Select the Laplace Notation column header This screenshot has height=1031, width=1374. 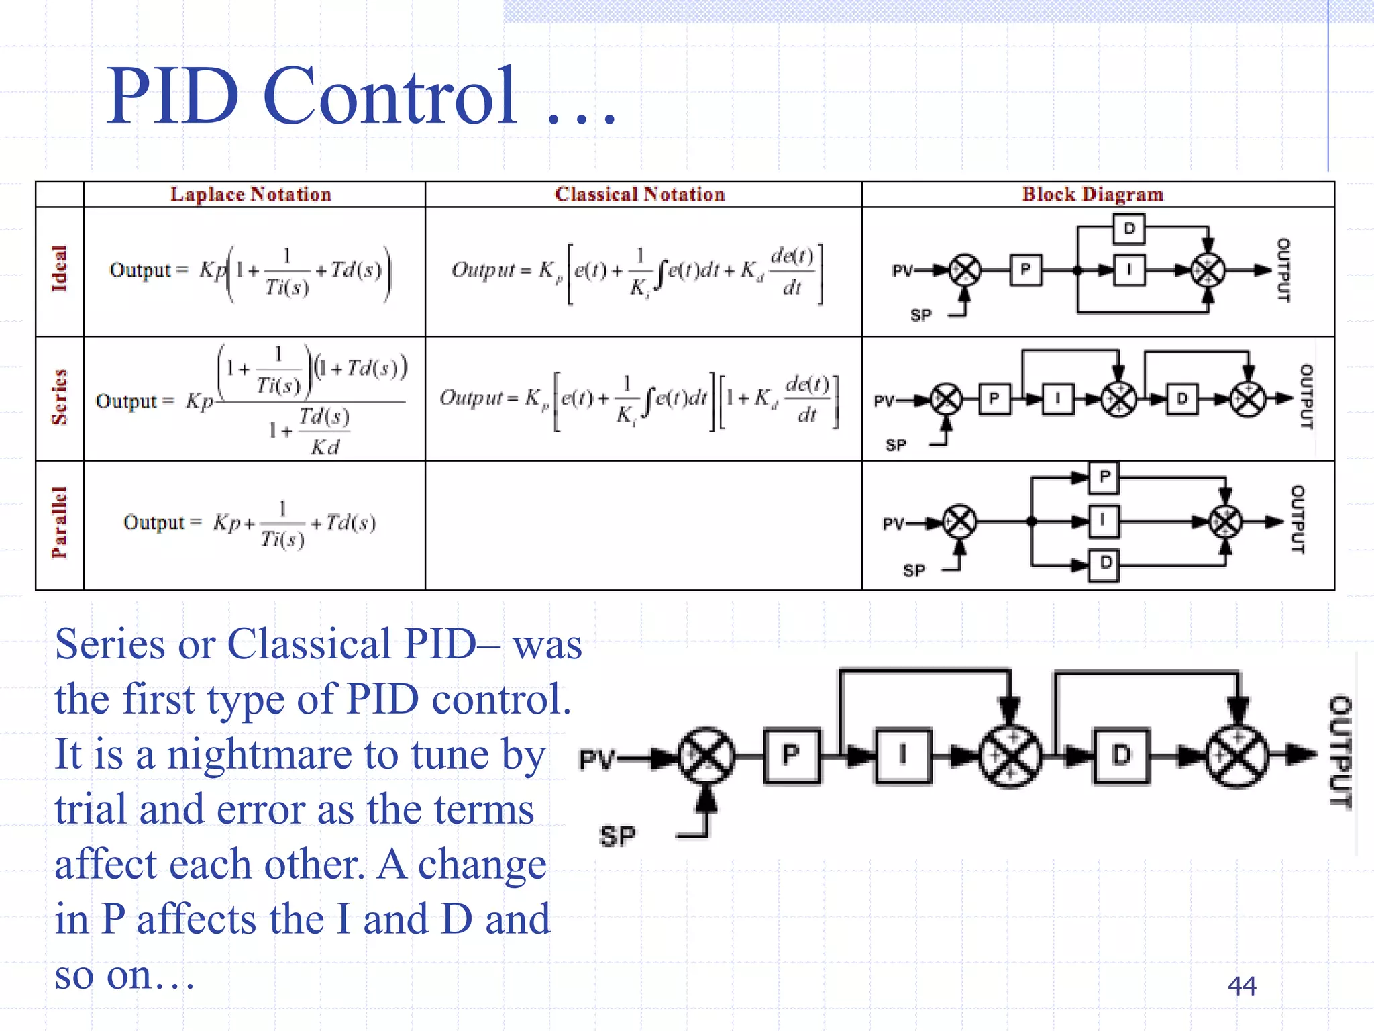pos(251,194)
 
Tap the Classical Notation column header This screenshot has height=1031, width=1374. pos(639,194)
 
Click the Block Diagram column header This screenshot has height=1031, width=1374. pos(1092,194)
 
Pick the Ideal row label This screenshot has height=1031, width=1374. pos(60,268)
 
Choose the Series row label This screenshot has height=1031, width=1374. pos(60,397)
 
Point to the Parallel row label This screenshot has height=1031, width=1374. pos(60,523)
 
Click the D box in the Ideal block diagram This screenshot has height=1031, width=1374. pos(1129,228)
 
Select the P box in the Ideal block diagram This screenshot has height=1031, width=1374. pos(1025,271)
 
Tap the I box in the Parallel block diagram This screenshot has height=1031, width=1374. pos(1104,521)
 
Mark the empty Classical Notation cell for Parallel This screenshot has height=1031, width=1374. pos(643,525)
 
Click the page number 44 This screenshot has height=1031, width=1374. pos(1241,986)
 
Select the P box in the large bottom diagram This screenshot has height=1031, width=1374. pos(792,756)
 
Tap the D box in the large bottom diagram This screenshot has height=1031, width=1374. pos(1121,756)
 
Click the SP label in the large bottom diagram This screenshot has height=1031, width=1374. pos(617,836)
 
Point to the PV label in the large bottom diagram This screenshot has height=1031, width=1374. pos(596,759)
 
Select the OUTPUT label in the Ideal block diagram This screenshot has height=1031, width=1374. pos(1282,270)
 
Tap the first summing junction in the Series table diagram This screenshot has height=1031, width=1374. pos(947,399)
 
